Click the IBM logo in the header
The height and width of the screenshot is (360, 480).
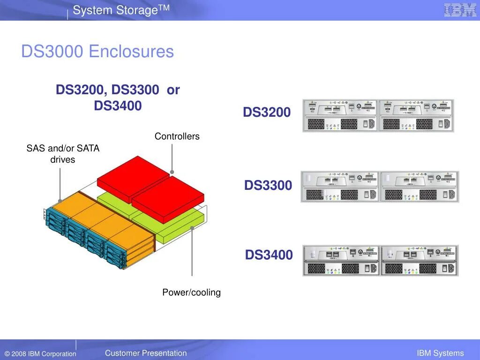460,10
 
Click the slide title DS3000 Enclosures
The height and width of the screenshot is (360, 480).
97,51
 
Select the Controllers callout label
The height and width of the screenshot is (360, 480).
177,136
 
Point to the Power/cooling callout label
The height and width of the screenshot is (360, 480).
191,292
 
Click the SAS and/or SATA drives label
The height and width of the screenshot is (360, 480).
63,154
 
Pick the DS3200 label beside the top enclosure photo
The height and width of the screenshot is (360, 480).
267,112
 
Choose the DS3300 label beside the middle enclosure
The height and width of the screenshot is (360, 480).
268,185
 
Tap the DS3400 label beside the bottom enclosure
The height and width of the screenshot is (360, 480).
269,255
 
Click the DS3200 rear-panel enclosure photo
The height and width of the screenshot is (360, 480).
378,115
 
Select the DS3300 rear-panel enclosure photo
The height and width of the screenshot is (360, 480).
380,187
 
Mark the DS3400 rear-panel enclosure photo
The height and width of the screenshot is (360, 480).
380,260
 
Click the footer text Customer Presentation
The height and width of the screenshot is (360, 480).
146,353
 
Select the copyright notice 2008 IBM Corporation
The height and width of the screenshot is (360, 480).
40,354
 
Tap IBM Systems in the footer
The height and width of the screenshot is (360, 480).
440,353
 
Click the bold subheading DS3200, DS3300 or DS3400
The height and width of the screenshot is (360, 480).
118,97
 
